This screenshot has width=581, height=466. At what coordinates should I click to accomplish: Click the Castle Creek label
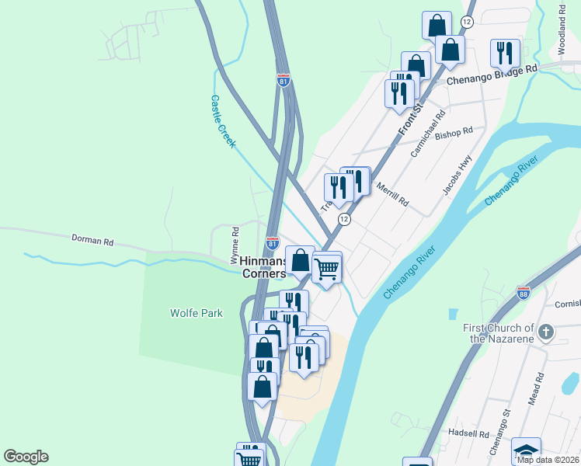pos(223,121)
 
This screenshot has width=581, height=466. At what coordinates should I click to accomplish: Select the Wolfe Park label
pos(197,313)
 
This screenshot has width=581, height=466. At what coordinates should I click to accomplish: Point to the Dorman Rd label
pos(92,240)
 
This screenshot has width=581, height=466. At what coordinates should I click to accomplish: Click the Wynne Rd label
pos(235,242)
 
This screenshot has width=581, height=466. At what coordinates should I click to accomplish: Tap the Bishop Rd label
pos(454,134)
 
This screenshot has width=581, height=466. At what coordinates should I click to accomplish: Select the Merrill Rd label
pos(392,193)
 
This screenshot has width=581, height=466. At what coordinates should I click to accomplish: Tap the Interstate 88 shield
pos(523,293)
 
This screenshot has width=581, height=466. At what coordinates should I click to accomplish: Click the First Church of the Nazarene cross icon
pos(546,332)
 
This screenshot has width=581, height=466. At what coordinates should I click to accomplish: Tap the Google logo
pos(26,457)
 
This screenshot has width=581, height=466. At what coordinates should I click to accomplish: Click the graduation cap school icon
pos(526,451)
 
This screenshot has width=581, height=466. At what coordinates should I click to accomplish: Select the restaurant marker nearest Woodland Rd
pos(506,53)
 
